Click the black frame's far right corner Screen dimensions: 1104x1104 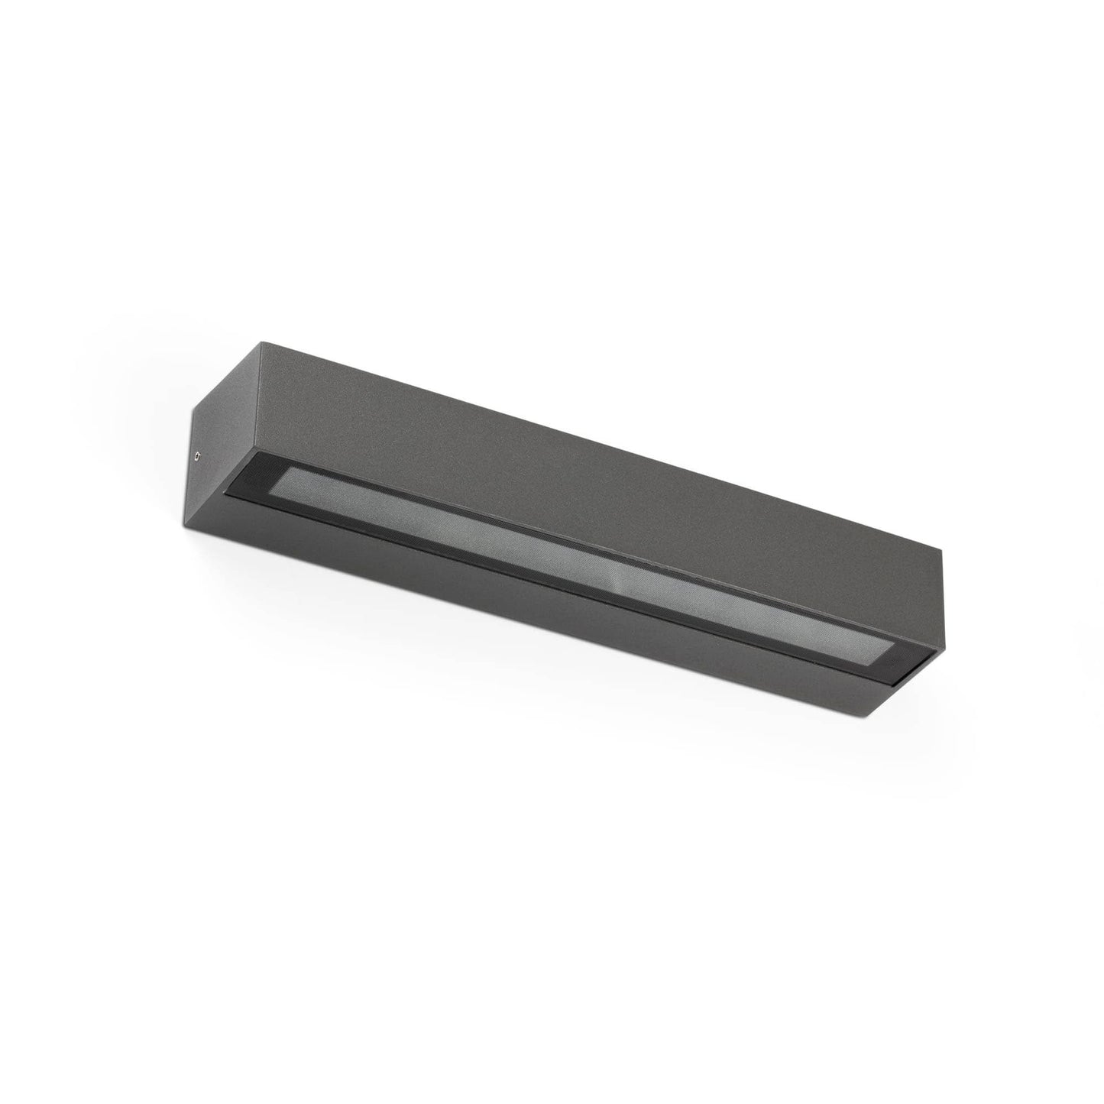click(941, 653)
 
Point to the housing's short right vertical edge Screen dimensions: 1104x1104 click(943, 604)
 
